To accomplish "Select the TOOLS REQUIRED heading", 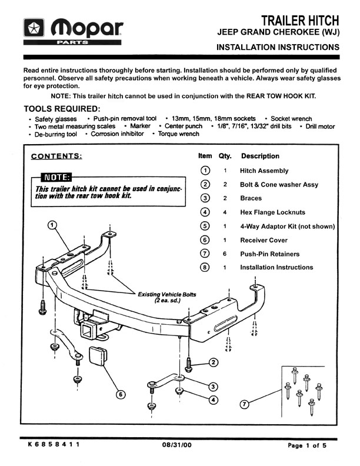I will tap(62, 109).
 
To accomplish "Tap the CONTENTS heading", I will tap(56, 156).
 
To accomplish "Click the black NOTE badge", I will tap(54, 178).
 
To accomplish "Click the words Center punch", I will tap(185, 126).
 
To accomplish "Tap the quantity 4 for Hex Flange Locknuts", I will tap(225, 212).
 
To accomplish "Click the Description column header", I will tap(260, 157).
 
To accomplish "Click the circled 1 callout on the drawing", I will tap(52, 225).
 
